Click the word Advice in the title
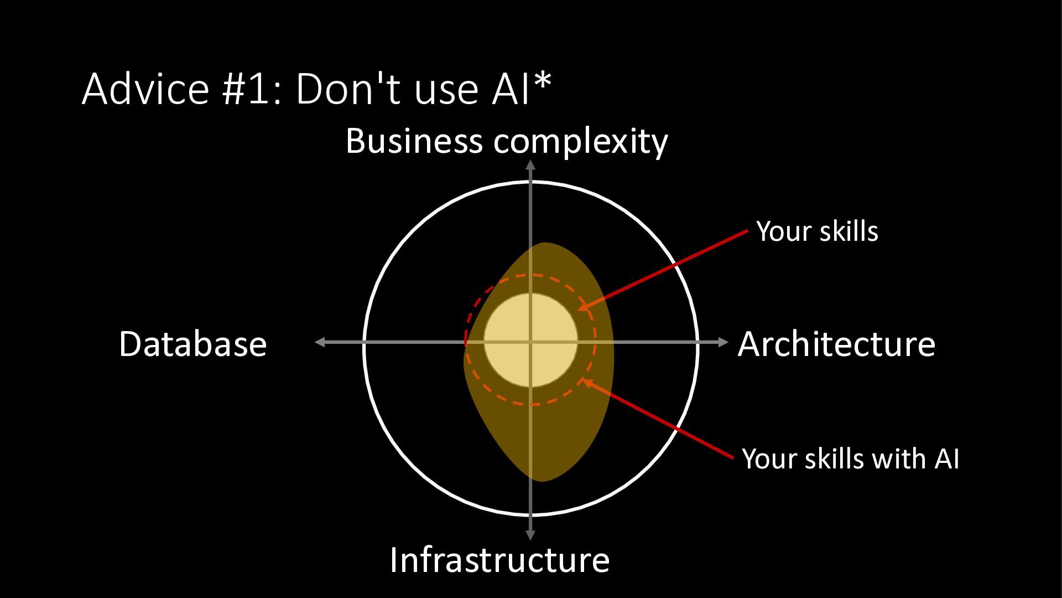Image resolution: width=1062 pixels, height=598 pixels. point(145,89)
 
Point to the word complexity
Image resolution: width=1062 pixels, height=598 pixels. point(580,142)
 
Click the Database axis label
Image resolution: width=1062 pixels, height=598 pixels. point(192,344)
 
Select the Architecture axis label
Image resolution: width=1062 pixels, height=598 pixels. point(836,344)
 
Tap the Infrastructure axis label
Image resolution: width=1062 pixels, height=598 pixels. point(499,560)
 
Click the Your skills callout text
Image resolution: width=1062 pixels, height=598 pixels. point(817,231)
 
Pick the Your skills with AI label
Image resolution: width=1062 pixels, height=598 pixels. point(850,458)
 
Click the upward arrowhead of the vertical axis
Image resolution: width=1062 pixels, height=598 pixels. point(530,164)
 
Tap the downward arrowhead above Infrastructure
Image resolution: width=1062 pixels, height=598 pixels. point(530,534)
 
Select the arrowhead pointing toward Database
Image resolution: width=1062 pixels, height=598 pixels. point(320,342)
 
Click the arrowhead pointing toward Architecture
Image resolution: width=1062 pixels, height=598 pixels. point(723,342)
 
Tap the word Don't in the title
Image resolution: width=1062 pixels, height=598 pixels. point(348,89)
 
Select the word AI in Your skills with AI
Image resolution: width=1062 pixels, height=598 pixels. point(946,458)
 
